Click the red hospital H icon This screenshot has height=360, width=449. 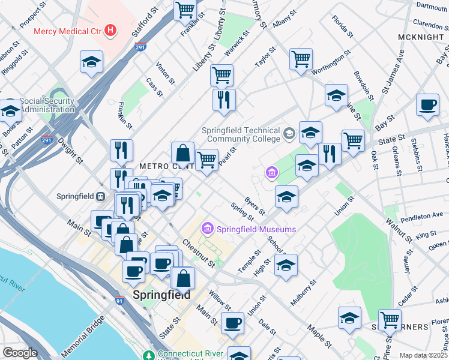(110, 30)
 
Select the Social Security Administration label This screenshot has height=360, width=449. (48, 106)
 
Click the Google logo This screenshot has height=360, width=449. (20, 353)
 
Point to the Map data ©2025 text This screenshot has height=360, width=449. (423, 355)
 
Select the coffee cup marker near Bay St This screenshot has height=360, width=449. (428, 105)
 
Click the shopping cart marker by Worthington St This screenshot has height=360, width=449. (301, 59)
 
